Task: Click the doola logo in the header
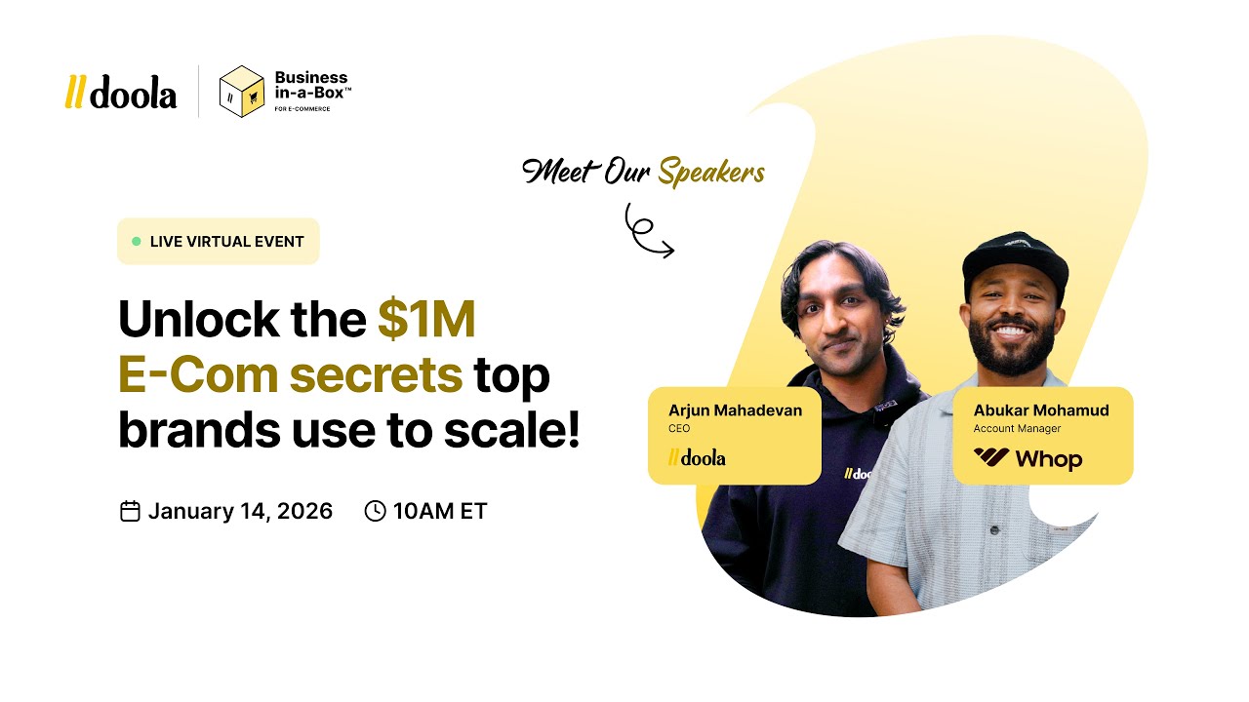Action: [x=121, y=92]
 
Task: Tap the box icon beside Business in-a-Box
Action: [x=241, y=92]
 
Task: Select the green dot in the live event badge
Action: [x=137, y=241]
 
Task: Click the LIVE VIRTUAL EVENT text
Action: [x=226, y=242]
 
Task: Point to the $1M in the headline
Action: [x=426, y=320]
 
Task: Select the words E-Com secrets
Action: [x=290, y=375]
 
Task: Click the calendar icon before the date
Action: [x=130, y=511]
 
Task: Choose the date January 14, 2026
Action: [x=240, y=511]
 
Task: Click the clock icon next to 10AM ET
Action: [x=375, y=511]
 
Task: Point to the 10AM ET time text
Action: [x=440, y=511]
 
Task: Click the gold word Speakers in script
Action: [x=710, y=173]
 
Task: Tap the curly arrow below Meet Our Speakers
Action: [x=647, y=231]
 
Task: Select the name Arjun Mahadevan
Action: [x=735, y=409]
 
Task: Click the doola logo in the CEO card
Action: [x=697, y=457]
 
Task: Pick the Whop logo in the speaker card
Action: [x=1027, y=458]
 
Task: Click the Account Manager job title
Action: [x=1017, y=429]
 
